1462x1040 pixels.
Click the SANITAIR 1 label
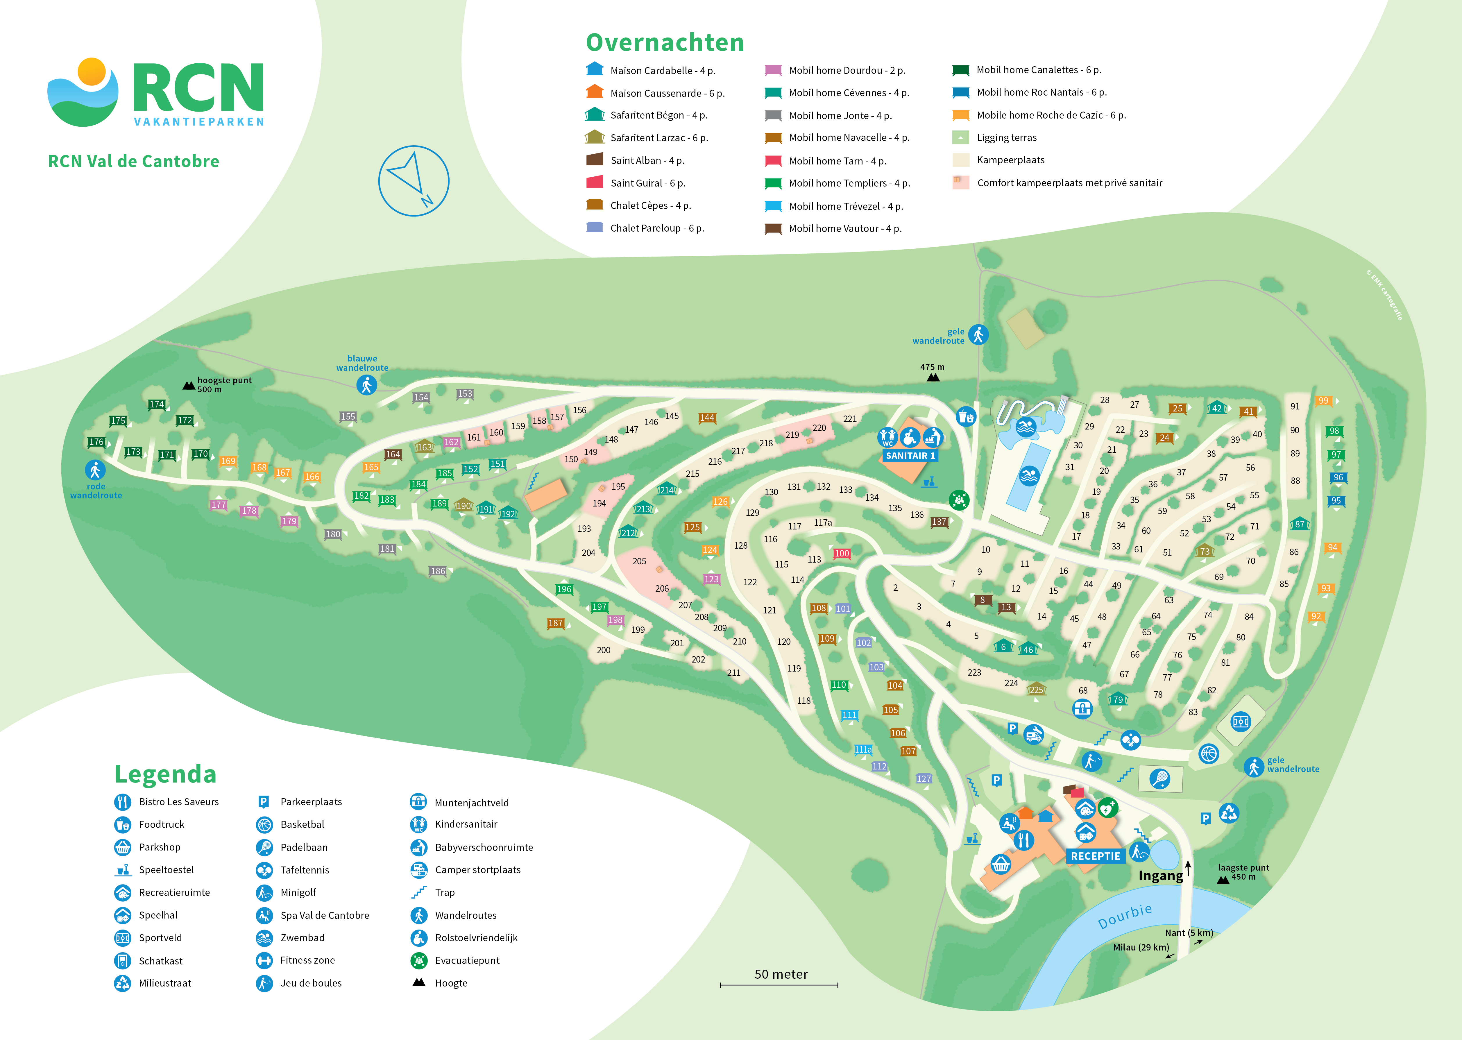tap(910, 456)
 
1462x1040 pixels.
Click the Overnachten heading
tap(665, 43)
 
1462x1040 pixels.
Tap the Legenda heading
tap(165, 774)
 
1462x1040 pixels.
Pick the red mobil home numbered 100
tap(842, 554)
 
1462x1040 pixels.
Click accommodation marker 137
tap(939, 522)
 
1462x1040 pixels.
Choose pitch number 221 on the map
tap(850, 419)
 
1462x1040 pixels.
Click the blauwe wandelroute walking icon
tap(366, 385)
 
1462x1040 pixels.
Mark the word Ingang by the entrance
tap(1160, 876)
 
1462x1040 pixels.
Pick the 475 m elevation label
tap(933, 368)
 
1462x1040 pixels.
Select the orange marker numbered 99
tap(1323, 401)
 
